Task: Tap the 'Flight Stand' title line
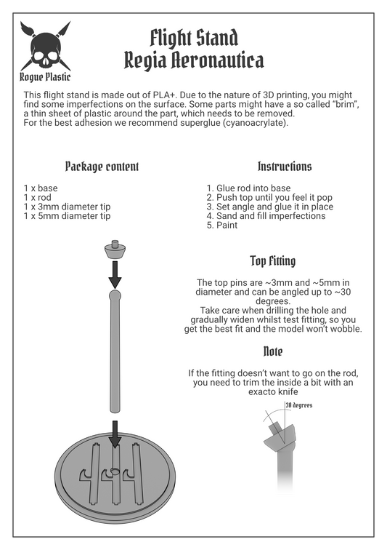coord(194,39)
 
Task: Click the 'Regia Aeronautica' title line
coord(194,60)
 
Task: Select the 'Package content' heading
coord(102,167)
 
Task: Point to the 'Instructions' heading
coord(285,167)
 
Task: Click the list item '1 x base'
coord(41,188)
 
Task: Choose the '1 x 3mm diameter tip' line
coord(67,207)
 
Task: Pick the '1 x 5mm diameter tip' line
coord(67,216)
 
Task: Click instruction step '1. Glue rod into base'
coord(248,188)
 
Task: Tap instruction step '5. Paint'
coord(221,226)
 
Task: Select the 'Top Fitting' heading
coord(273,261)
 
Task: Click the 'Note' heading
coord(273,351)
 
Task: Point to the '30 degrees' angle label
coord(298,405)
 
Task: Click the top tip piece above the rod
coord(115,250)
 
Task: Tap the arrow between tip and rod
coord(115,275)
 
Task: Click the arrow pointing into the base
coord(115,434)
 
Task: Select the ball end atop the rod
coord(115,295)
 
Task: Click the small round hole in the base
coord(115,471)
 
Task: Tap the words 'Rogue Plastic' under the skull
coord(45,77)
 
